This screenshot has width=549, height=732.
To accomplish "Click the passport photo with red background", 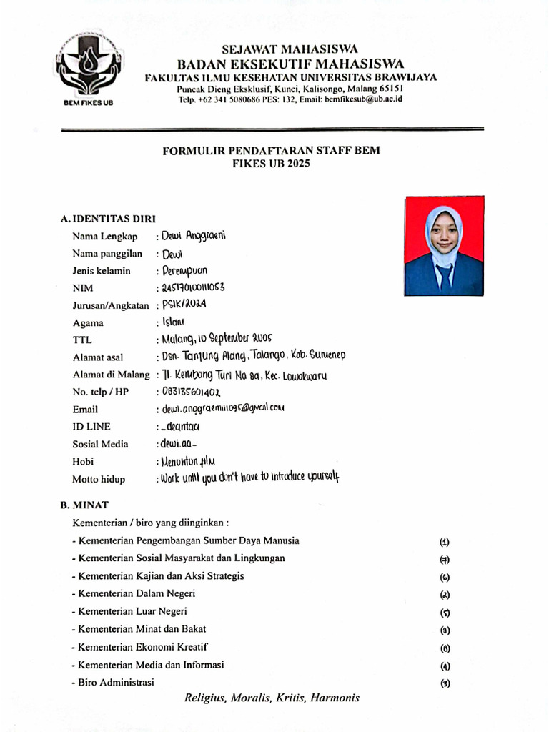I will coord(444,246).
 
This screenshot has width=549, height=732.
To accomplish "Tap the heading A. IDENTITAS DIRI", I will coord(108,219).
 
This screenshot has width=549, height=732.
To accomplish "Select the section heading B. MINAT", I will coord(84,505).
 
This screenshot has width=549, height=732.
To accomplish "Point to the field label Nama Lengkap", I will coord(104,237).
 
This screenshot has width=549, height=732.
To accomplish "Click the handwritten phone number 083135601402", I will coord(192,392).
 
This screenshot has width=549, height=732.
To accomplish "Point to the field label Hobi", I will coord(83,462).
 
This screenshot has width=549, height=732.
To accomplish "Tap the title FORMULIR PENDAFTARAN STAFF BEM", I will coord(271,151).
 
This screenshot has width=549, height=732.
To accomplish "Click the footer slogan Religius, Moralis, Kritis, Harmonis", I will coord(272,698).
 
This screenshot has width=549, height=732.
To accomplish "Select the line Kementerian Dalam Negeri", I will coord(134,593).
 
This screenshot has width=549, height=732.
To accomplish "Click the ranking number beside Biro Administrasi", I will coord(445,683).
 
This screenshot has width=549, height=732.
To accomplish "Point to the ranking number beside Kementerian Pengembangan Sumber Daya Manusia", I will coord(445,542).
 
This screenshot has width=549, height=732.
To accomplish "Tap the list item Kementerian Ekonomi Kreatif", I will coord(140,647).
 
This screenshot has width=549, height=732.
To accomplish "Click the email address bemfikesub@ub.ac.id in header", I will coord(363,99).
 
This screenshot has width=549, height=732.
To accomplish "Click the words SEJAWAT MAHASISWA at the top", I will coord(290,49).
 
